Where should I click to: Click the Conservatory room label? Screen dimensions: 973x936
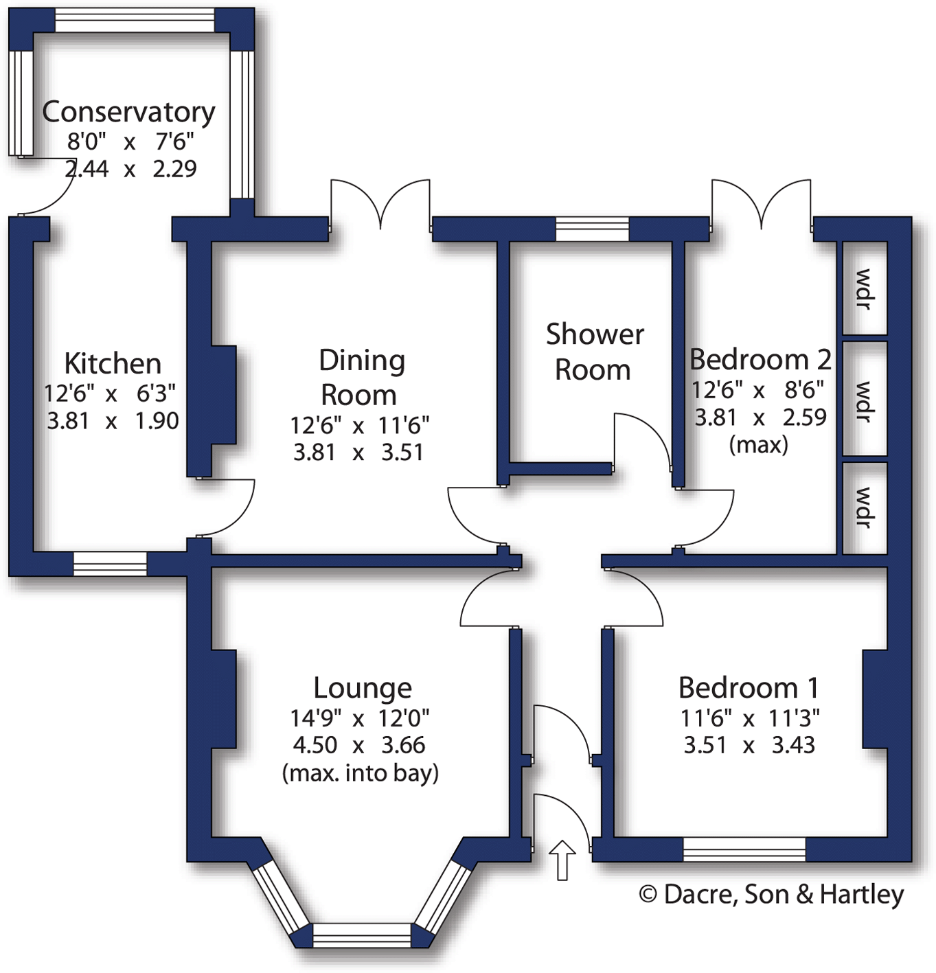click(128, 112)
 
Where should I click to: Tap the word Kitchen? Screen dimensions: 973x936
click(113, 363)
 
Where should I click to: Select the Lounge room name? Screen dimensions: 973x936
click(363, 688)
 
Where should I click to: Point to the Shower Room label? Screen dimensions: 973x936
click(594, 352)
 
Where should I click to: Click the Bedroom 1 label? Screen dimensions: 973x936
click(749, 688)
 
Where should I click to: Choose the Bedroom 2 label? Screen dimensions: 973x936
click(760, 360)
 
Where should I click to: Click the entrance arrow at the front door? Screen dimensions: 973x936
click(562, 858)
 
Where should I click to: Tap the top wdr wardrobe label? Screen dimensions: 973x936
click(864, 289)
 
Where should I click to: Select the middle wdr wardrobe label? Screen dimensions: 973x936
click(864, 402)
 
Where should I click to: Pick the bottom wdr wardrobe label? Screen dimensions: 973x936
click(864, 507)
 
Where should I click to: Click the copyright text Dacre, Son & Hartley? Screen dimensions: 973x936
click(771, 894)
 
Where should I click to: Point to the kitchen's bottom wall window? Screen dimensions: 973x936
click(110, 564)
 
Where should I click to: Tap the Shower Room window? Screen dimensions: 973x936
click(592, 229)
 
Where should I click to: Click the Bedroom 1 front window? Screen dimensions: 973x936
click(744, 849)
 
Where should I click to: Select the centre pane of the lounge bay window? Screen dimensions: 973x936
click(362, 935)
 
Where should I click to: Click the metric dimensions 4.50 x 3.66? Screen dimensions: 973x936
click(359, 745)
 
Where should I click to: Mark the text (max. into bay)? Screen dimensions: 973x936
click(361, 773)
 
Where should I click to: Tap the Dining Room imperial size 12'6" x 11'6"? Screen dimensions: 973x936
click(359, 426)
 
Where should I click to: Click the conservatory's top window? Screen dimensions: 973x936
click(135, 21)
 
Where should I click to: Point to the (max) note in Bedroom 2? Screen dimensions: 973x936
click(758, 445)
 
